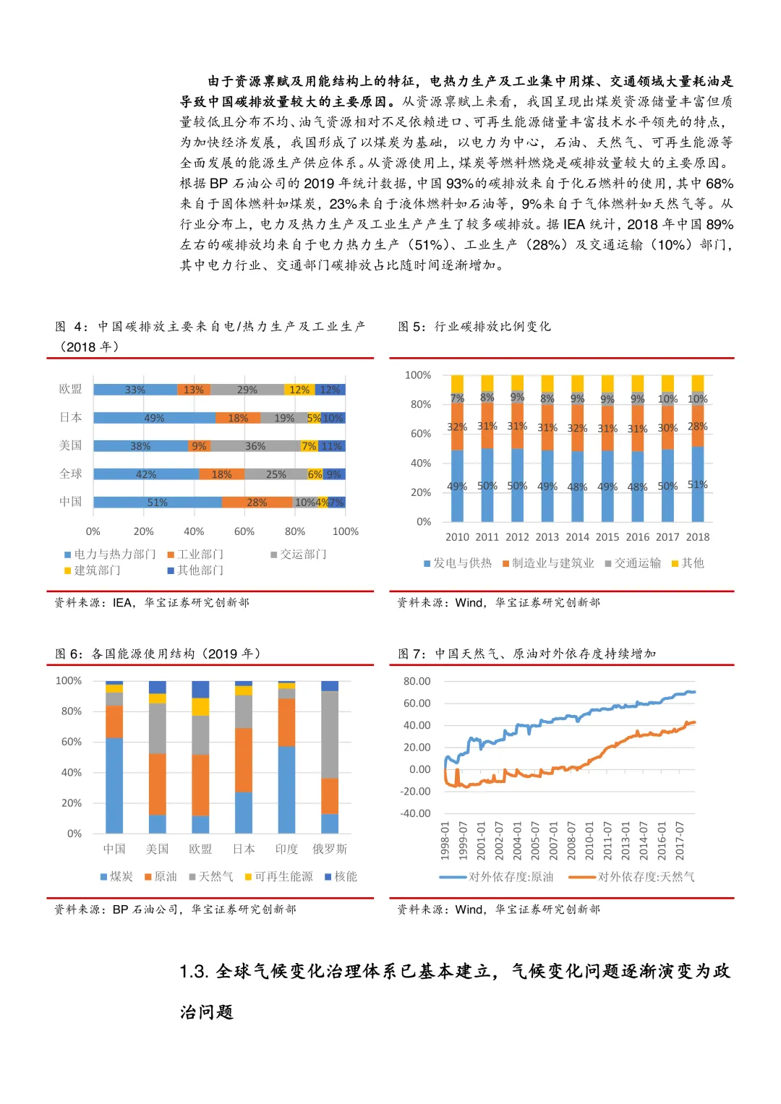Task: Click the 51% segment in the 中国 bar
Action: click(x=158, y=502)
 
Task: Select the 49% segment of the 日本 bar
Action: click(x=154, y=418)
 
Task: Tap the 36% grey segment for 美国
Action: click(x=255, y=446)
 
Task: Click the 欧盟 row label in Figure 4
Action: click(x=71, y=389)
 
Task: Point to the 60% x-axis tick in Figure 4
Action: click(x=244, y=531)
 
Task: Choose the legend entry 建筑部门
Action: click(x=93, y=570)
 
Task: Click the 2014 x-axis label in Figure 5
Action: click(x=577, y=536)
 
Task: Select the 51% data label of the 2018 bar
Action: click(x=698, y=484)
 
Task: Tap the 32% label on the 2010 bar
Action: click(x=457, y=427)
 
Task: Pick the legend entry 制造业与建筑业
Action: click(x=548, y=562)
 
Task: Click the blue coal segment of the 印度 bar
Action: click(x=287, y=790)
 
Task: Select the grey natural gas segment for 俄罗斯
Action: click(x=330, y=735)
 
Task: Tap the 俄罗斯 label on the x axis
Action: click(x=330, y=849)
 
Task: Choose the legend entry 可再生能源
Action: click(x=279, y=876)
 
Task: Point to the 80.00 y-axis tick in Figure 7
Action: click(x=417, y=681)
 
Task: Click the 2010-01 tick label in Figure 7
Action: click(x=589, y=840)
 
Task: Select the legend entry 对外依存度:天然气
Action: click(x=631, y=877)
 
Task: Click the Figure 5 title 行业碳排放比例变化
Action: click(x=492, y=326)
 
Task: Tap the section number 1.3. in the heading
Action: click(x=195, y=972)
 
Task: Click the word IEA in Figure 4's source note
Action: click(x=122, y=603)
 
